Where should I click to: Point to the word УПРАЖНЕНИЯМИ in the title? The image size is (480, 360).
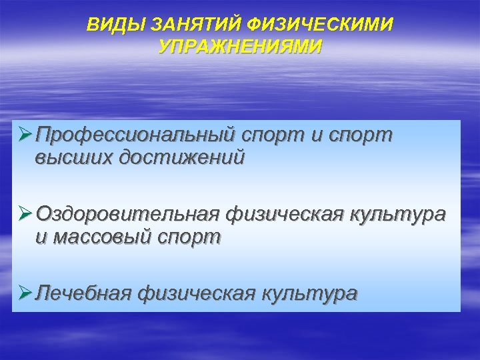pos(240,46)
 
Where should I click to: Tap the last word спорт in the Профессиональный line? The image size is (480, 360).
pos(360,136)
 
